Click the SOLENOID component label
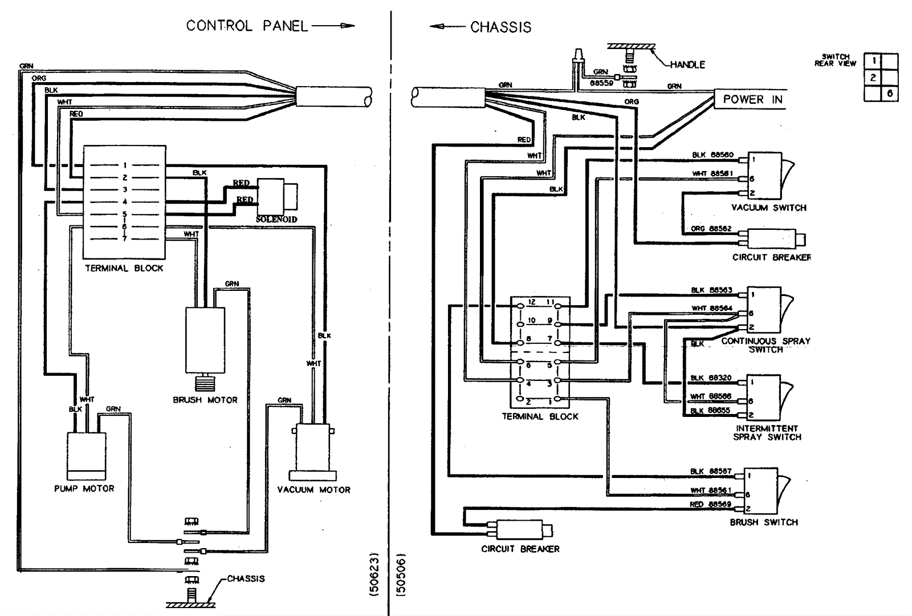pyautogui.click(x=276, y=220)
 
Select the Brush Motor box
pyautogui.click(x=205, y=340)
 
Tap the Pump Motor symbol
pyautogui.click(x=87, y=456)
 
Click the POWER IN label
pyautogui.click(x=752, y=99)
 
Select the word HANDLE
pyautogui.click(x=687, y=65)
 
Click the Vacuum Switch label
pyautogui.click(x=769, y=208)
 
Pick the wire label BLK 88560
pyautogui.click(x=712, y=155)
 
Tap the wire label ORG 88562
pyautogui.click(x=711, y=229)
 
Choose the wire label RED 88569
pyautogui.click(x=710, y=504)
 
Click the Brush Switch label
pyautogui.click(x=764, y=522)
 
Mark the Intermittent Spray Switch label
pyautogui.click(x=767, y=433)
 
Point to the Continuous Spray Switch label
pyautogui.click(x=766, y=345)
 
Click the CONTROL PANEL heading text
pyautogui.click(x=247, y=26)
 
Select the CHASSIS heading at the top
pyautogui.click(x=500, y=27)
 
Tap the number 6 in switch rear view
pyautogui.click(x=889, y=94)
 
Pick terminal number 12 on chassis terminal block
pyautogui.click(x=531, y=302)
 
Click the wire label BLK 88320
pyautogui.click(x=711, y=378)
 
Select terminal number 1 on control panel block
pyautogui.click(x=125, y=165)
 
